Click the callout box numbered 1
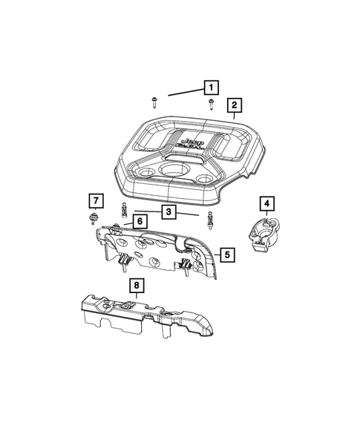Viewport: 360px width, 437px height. click(212, 88)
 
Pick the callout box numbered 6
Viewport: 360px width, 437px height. click(139, 220)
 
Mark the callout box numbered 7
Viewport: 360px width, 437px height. click(94, 200)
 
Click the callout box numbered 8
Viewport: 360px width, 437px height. click(137, 284)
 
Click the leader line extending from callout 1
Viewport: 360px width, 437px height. click(186, 92)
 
